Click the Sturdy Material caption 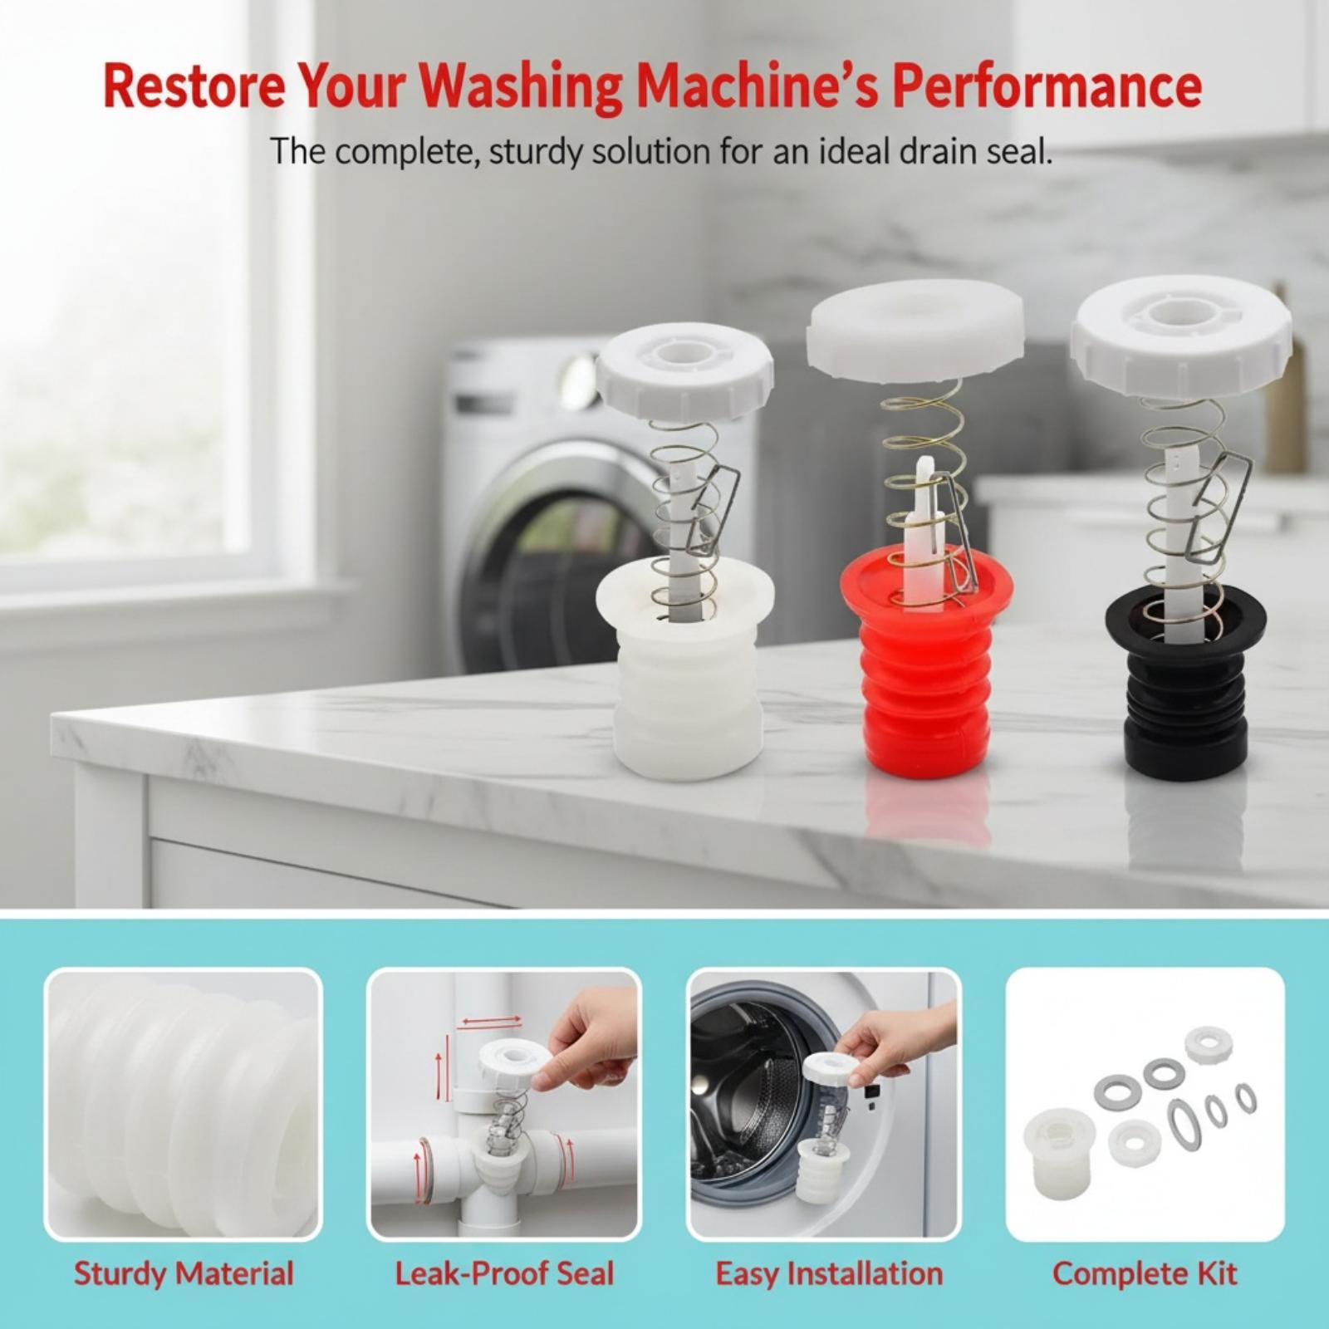point(184,1273)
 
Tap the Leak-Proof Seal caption point(503,1273)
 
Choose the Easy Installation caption point(829,1273)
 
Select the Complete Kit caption point(1145,1273)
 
